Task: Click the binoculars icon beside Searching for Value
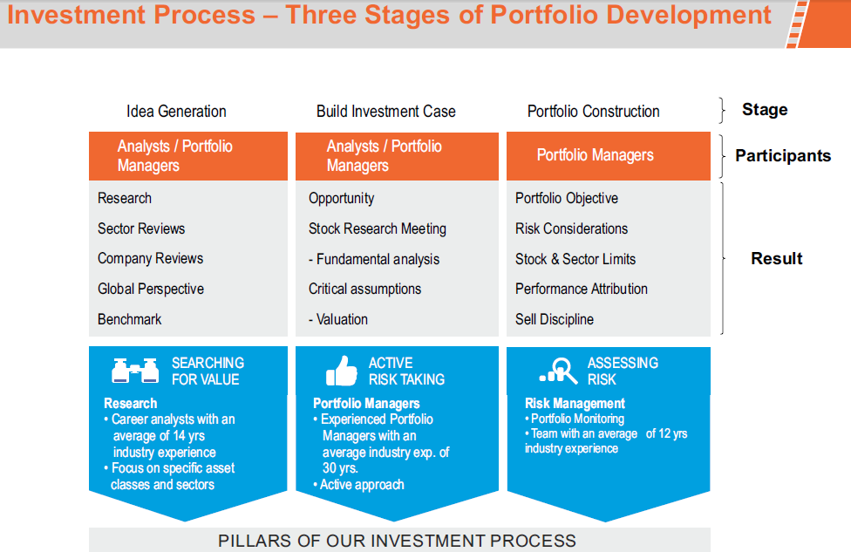(x=135, y=371)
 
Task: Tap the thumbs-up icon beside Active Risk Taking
(x=342, y=371)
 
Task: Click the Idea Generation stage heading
(x=176, y=112)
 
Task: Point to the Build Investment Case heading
(x=386, y=112)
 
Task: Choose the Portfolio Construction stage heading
(x=593, y=112)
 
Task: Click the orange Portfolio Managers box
(x=609, y=156)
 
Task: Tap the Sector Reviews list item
(x=141, y=228)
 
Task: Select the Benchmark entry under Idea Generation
(x=129, y=319)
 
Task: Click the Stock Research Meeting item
(x=378, y=229)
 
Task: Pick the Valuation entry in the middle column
(x=338, y=319)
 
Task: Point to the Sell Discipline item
(x=555, y=319)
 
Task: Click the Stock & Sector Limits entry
(x=575, y=259)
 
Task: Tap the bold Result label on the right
(x=776, y=258)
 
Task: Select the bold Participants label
(x=783, y=156)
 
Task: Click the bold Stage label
(x=765, y=110)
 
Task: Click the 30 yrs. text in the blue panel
(x=340, y=468)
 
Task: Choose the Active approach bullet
(x=358, y=485)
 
